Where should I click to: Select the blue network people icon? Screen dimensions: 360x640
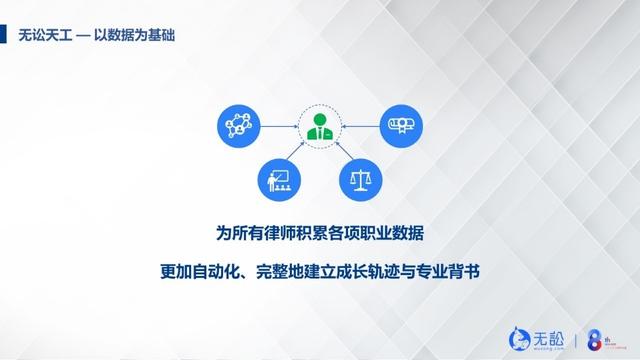click(x=238, y=128)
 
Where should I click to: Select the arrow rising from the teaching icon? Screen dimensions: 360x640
click(x=298, y=157)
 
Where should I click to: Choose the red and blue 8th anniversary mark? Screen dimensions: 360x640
click(x=596, y=334)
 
